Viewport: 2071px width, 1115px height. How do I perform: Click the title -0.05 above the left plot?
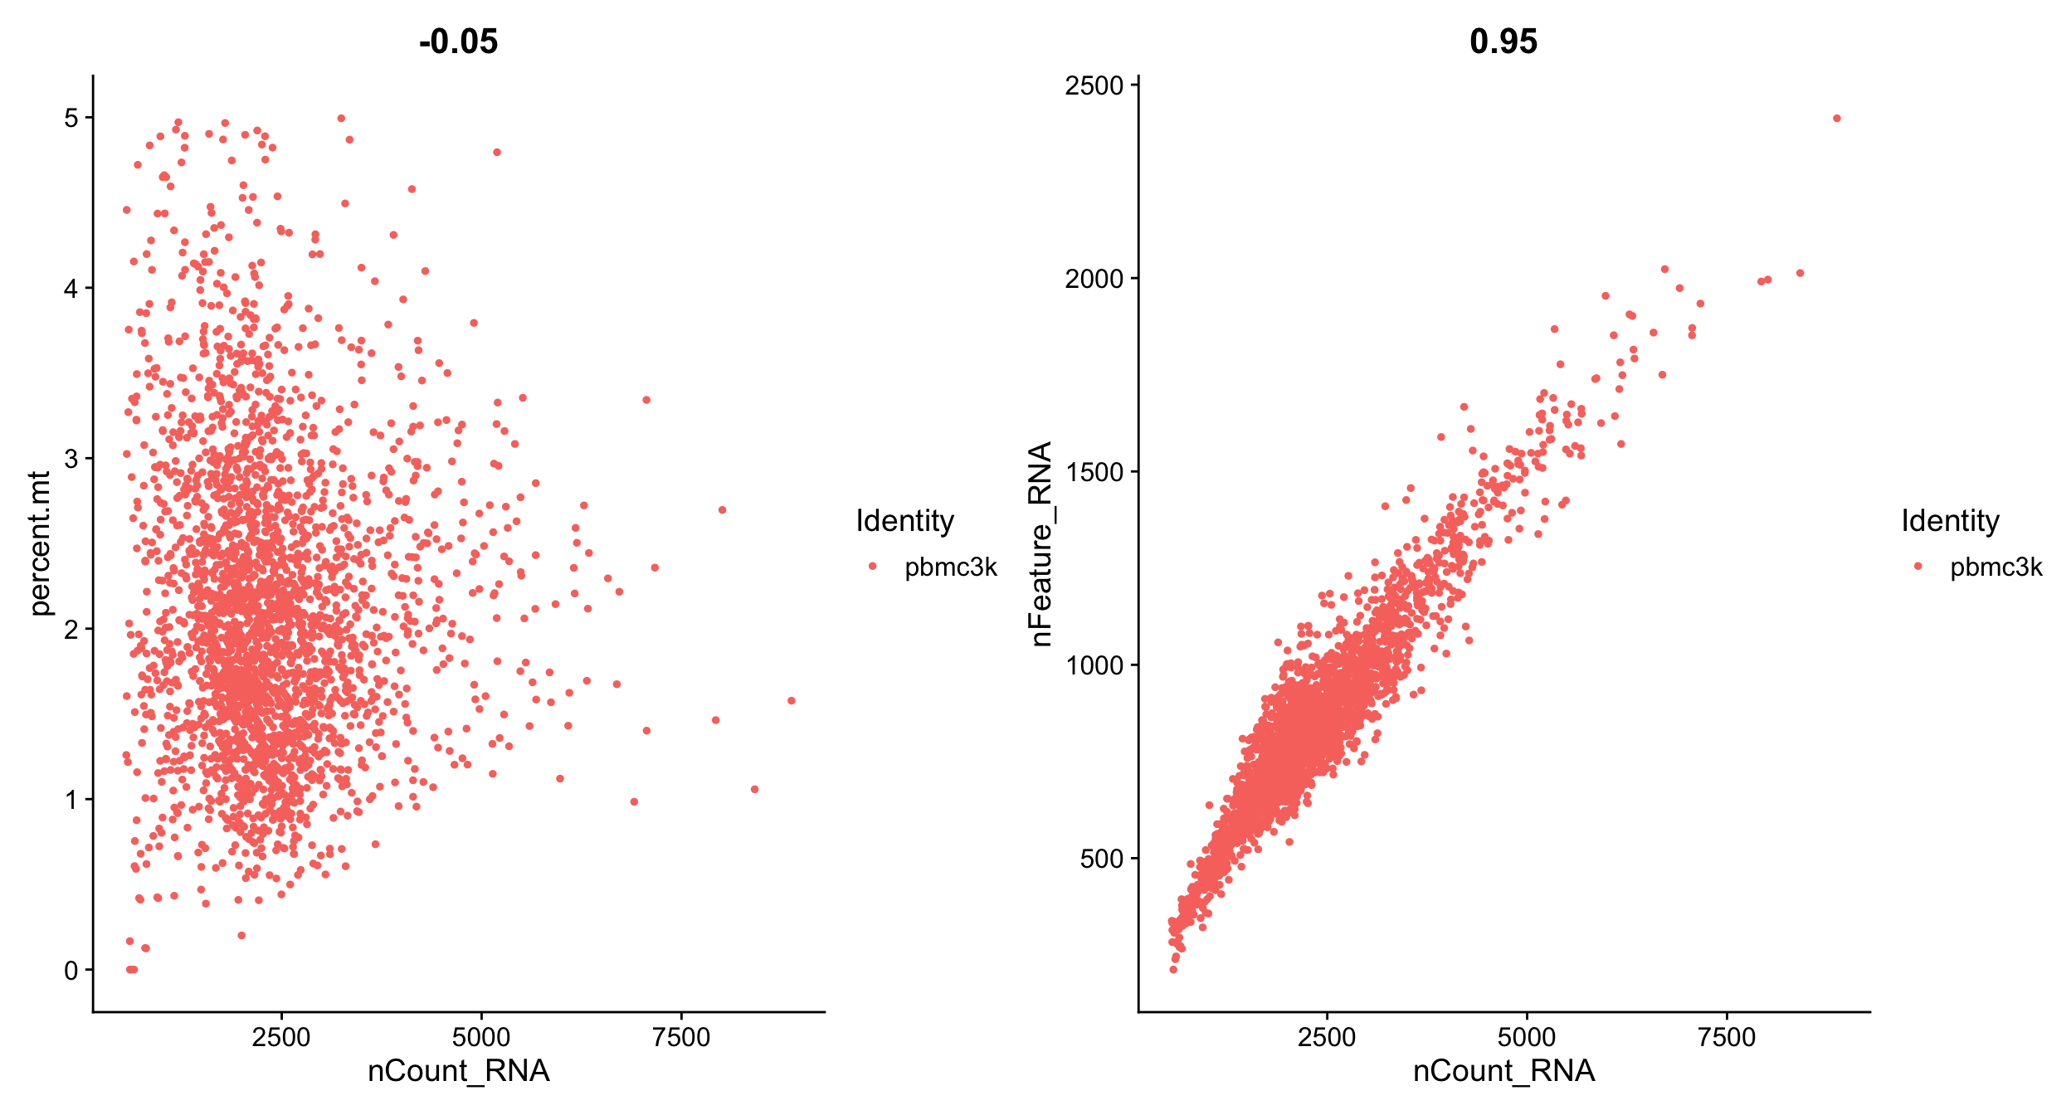[x=458, y=41]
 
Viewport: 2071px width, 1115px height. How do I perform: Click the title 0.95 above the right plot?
[x=1503, y=41]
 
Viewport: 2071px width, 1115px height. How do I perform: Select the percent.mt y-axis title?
[x=40, y=543]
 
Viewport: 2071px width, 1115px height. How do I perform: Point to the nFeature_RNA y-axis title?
[x=1040, y=543]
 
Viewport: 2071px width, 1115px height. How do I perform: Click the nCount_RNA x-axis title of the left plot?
[x=458, y=1071]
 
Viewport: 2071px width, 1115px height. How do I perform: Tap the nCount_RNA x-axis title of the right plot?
[x=1503, y=1071]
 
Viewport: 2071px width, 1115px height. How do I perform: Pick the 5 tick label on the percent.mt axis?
[x=71, y=118]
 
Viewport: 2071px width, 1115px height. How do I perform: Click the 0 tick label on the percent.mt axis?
[x=71, y=970]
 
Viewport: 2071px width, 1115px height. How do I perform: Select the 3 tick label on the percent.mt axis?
[x=71, y=459]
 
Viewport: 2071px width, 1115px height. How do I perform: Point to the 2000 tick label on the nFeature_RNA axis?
[x=1094, y=279]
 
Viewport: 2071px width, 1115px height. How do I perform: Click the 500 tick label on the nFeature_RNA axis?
[x=1101, y=859]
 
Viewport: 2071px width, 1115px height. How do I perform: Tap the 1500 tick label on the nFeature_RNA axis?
[x=1094, y=472]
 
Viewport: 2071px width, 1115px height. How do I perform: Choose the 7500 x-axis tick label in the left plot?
[x=681, y=1037]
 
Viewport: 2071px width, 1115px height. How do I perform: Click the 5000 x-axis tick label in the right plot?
[x=1527, y=1037]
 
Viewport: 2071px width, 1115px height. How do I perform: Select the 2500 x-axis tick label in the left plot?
[x=281, y=1037]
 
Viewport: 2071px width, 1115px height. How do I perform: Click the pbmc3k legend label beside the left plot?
[x=950, y=567]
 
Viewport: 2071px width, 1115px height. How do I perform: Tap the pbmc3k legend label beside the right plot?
[x=1995, y=567]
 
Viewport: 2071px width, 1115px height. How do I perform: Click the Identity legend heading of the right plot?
[x=1950, y=521]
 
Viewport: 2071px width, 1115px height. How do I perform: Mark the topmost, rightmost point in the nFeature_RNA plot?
[x=1836, y=119]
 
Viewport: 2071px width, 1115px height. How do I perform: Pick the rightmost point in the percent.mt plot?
[x=791, y=701]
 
